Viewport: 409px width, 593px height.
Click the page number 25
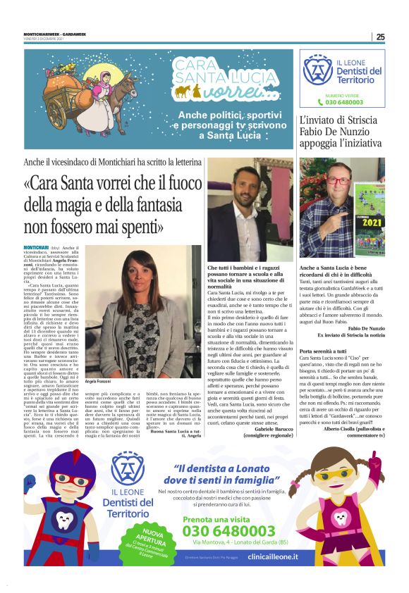380,37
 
